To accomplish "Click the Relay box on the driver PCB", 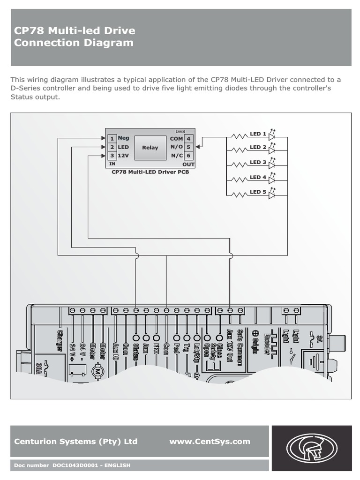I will coord(150,148).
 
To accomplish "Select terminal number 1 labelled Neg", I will coord(112,139).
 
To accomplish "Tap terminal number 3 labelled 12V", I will coord(112,156).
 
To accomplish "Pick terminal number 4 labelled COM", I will coord(188,139).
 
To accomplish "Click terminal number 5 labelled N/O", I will coord(188,147).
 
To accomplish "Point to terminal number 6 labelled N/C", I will coord(188,156).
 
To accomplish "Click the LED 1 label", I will coord(258,134).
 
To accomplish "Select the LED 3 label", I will coord(258,162).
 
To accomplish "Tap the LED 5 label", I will coord(258,192).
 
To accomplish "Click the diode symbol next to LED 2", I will coord(271,151).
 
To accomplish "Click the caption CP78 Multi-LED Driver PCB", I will coord(150,172).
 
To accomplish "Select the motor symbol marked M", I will coord(99,371).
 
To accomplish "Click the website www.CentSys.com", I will coord(210,442).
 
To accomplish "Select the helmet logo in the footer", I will coord(311,448).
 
